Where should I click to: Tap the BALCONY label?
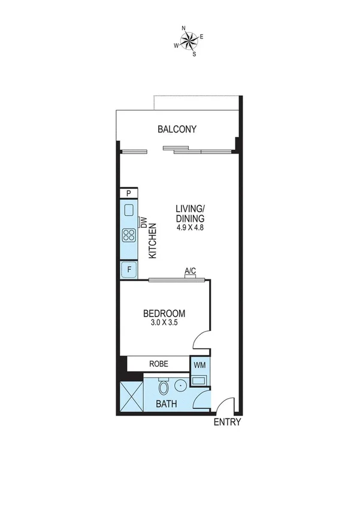tap(177, 129)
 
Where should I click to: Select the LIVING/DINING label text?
tap(190, 213)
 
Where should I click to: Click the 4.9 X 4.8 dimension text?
tap(190, 228)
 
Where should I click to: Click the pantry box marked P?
tap(129, 193)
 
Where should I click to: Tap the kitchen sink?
tap(129, 210)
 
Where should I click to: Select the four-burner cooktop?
tap(129, 234)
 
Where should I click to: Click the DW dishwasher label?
tap(143, 222)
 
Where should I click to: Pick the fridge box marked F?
tap(129, 270)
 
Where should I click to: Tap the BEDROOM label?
tap(164, 314)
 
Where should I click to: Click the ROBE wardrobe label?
tap(159, 364)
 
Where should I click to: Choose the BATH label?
tap(167, 403)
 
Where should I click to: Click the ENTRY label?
tap(227, 422)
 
